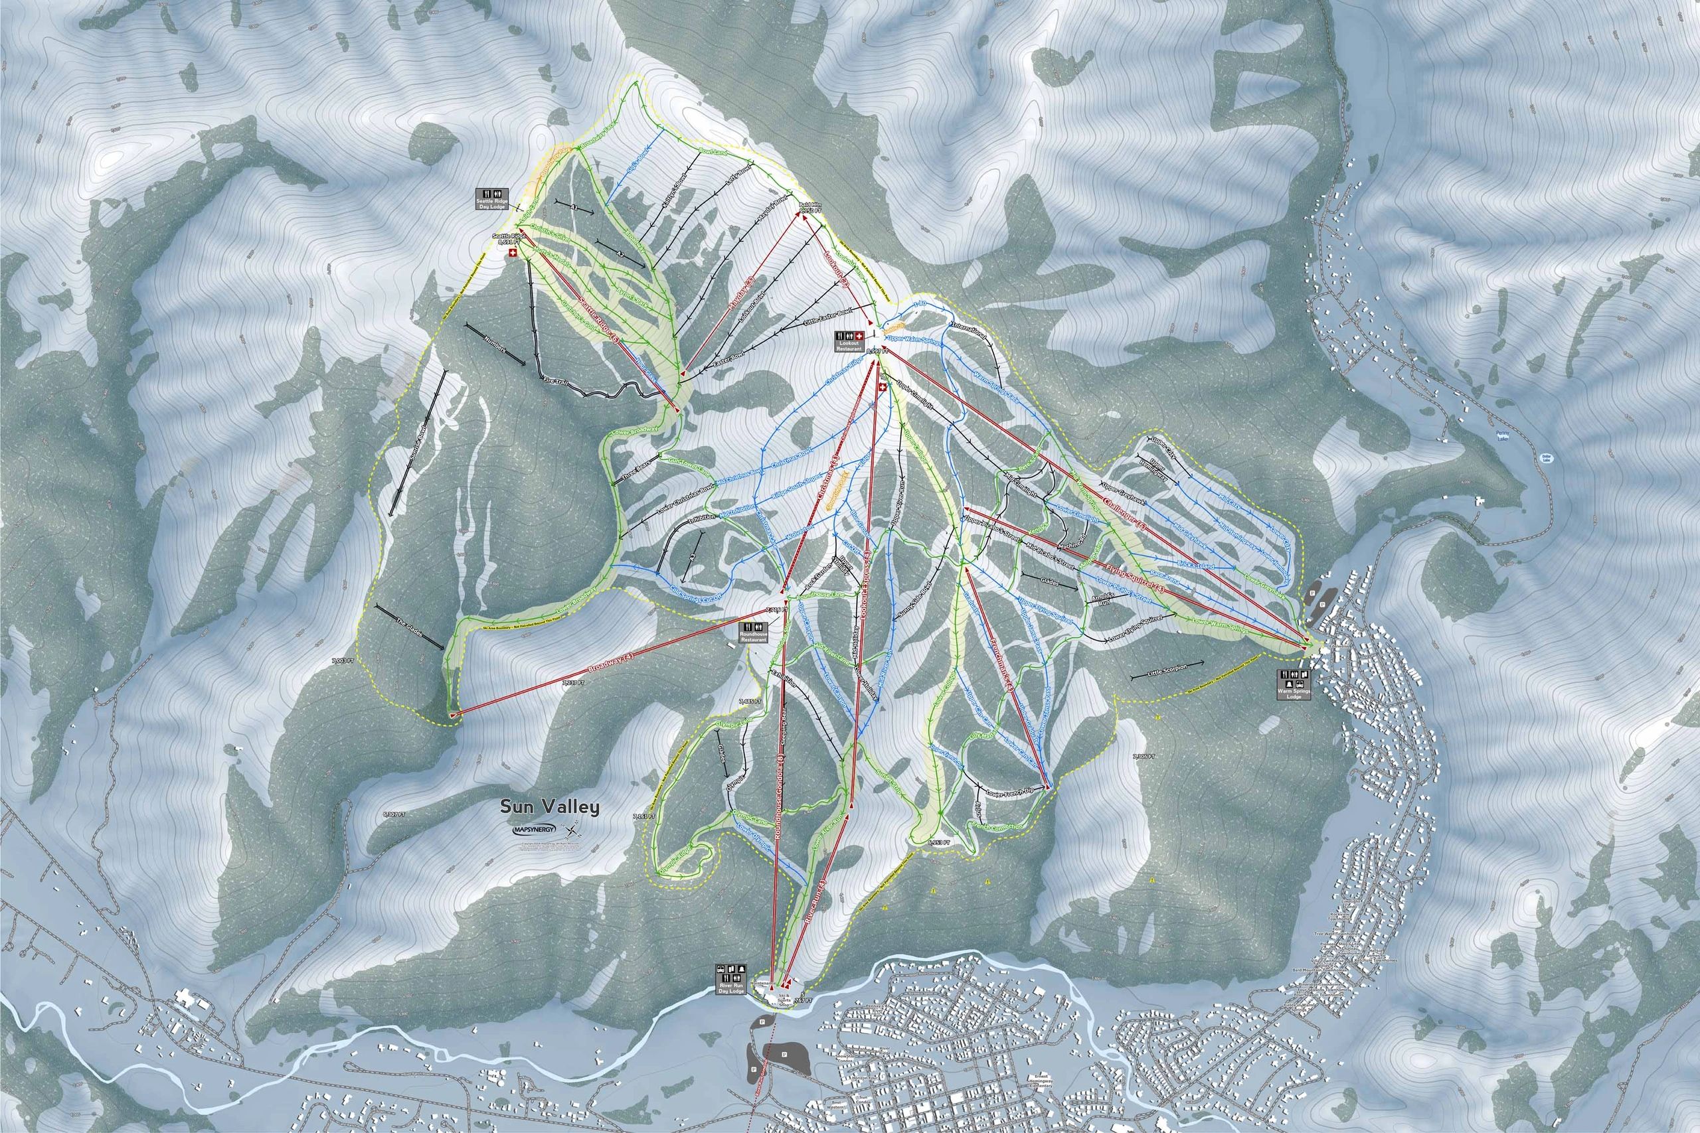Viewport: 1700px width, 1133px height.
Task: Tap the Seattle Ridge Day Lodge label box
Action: tap(491, 198)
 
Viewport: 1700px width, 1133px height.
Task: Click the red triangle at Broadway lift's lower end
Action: tap(453, 715)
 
